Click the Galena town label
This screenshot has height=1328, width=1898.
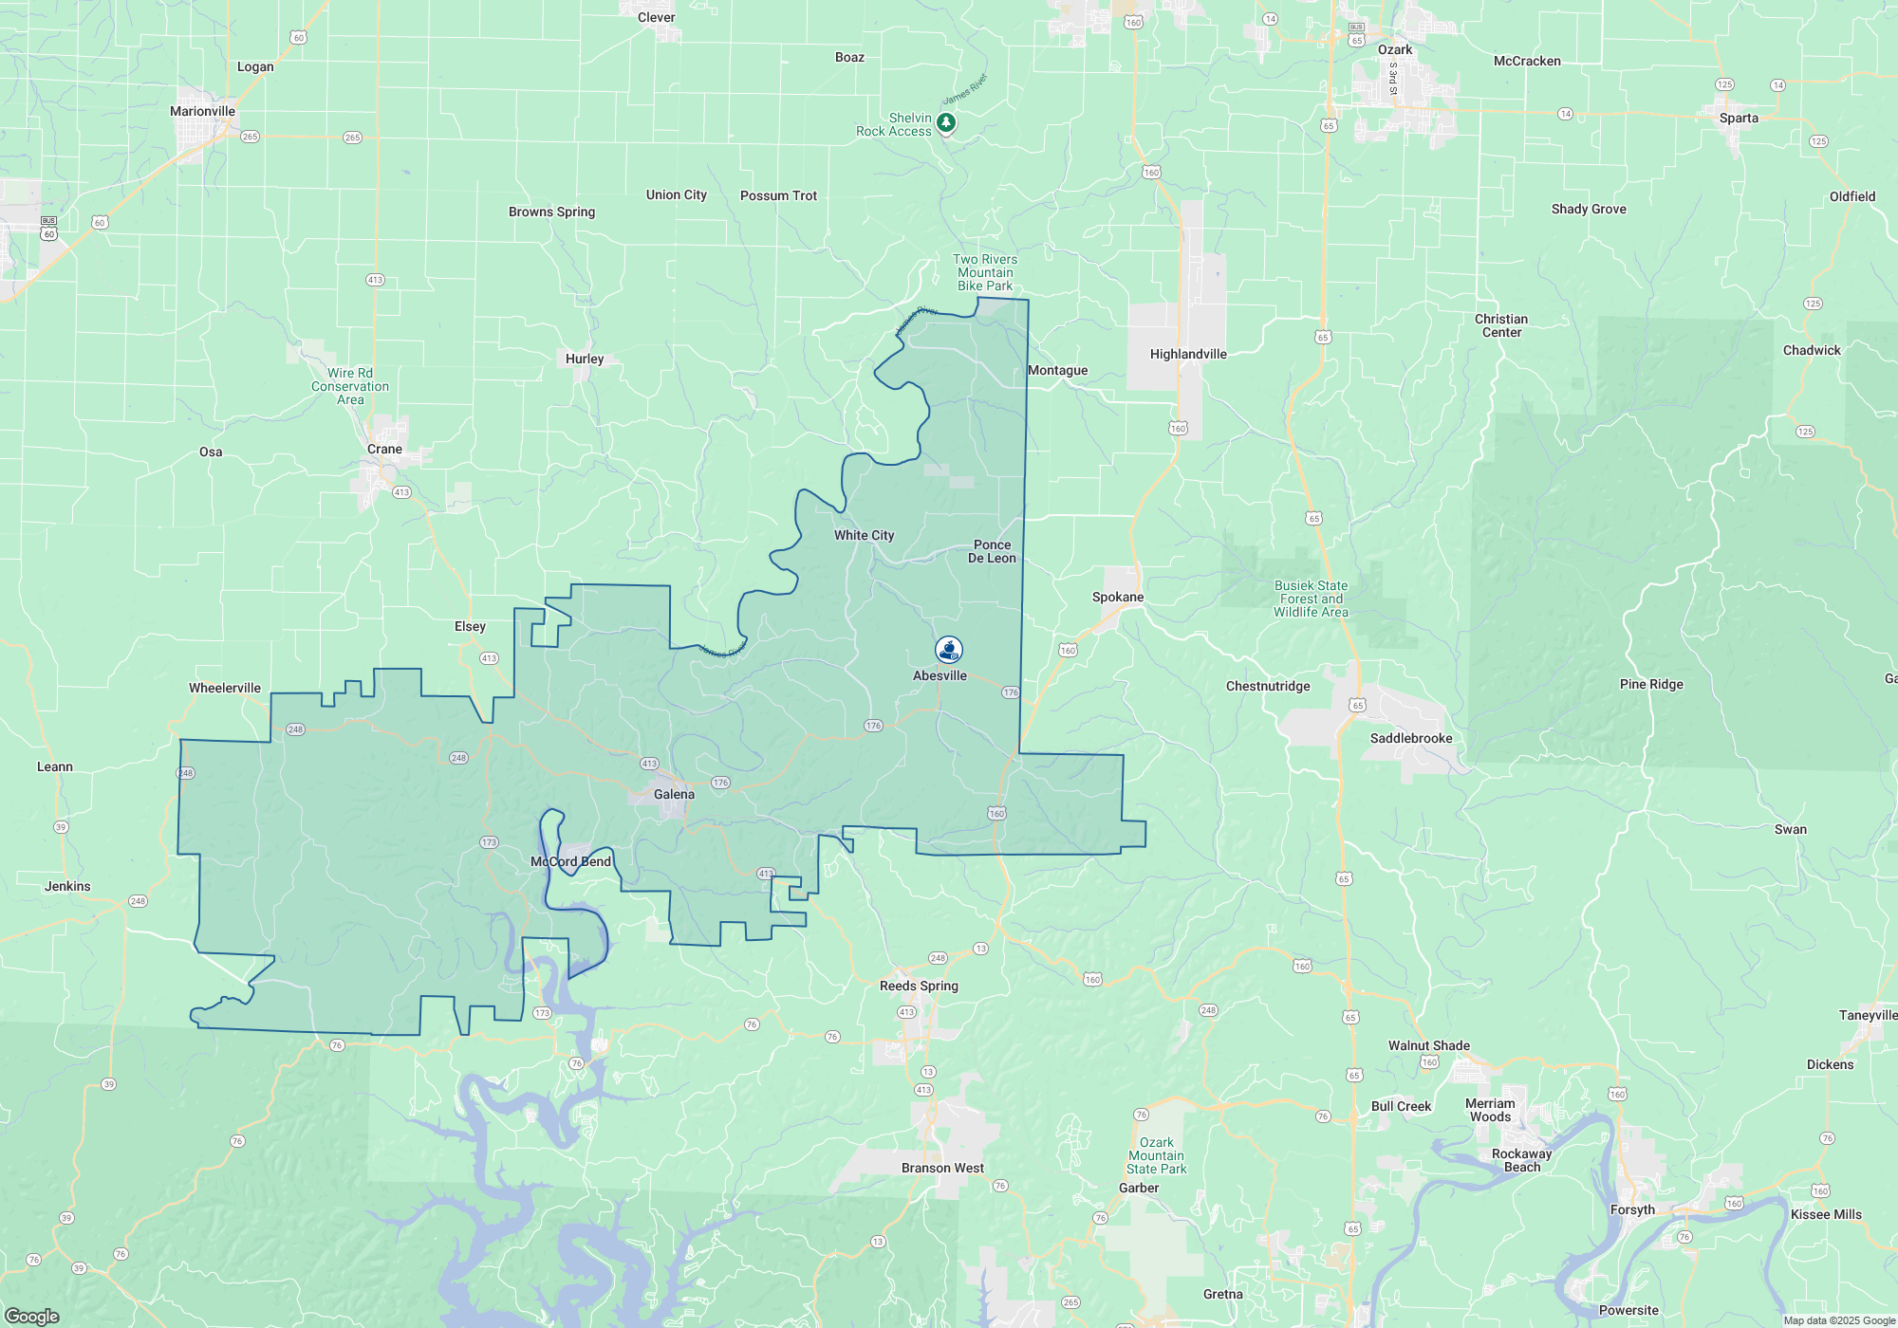coord(674,794)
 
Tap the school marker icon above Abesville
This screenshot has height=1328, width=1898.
coord(948,650)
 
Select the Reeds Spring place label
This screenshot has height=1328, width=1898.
coord(919,986)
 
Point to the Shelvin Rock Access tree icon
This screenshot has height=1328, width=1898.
coord(946,122)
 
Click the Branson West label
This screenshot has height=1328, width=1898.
coord(942,1168)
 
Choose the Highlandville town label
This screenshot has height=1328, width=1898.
coord(1188,354)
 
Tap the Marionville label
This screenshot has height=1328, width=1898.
coord(202,111)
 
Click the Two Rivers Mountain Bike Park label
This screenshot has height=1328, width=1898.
coord(985,272)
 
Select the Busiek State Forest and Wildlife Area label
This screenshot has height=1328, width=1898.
coord(1311,599)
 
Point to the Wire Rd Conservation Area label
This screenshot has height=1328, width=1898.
coord(350,386)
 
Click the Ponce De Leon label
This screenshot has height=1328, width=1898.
coord(992,551)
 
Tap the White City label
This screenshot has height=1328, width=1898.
coord(864,535)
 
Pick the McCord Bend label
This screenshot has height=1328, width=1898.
coord(570,861)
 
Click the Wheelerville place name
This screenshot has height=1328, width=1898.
coord(225,688)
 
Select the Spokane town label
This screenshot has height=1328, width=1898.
coord(1118,597)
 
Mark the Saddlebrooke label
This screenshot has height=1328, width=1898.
coord(1411,738)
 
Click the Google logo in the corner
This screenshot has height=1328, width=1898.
coord(32,1316)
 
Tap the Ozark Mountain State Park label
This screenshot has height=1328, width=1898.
coord(1156,1155)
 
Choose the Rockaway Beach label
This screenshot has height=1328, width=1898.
coord(1521,1160)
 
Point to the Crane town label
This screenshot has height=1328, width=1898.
coord(384,449)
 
